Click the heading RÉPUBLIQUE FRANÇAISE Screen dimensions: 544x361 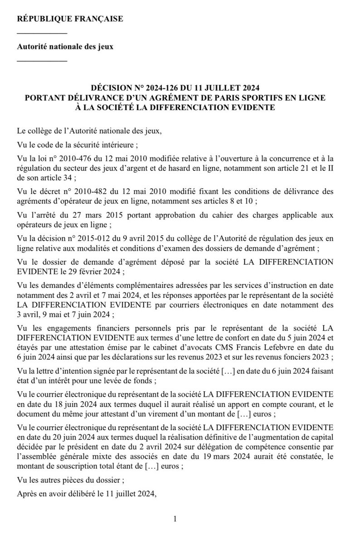coord(69,19)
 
